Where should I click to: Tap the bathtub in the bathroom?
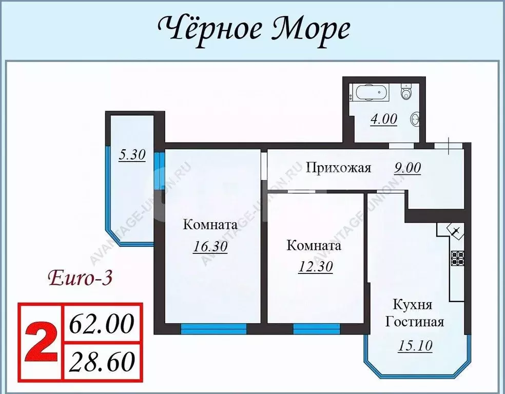370,94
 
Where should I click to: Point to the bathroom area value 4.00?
383,119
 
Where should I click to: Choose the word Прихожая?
338,168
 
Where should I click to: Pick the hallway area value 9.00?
407,168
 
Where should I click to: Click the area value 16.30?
210,246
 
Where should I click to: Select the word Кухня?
412,305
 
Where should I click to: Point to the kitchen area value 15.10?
415,346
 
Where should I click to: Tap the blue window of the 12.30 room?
316,329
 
